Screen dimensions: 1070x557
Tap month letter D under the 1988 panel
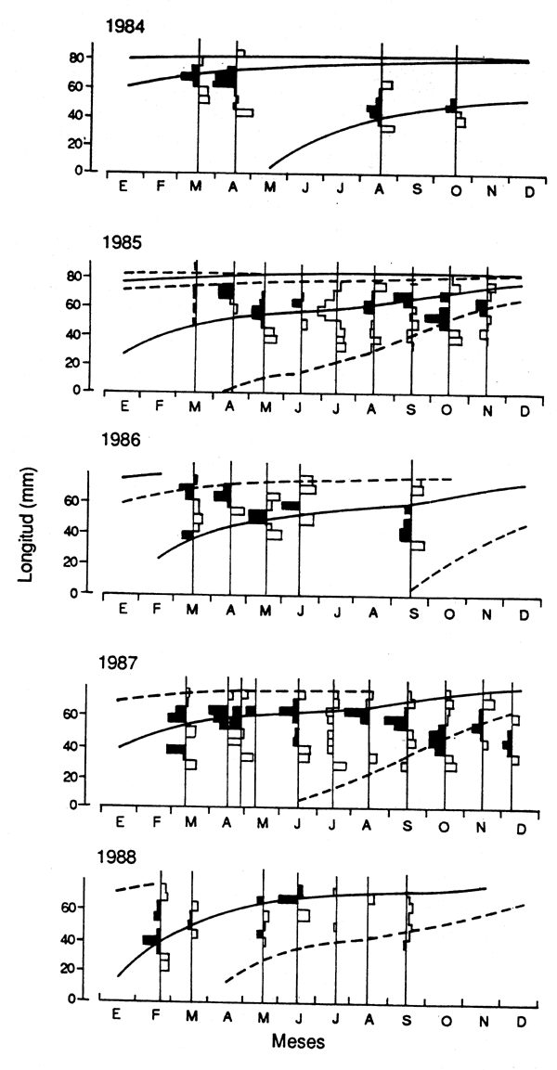(x=520, y=1017)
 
